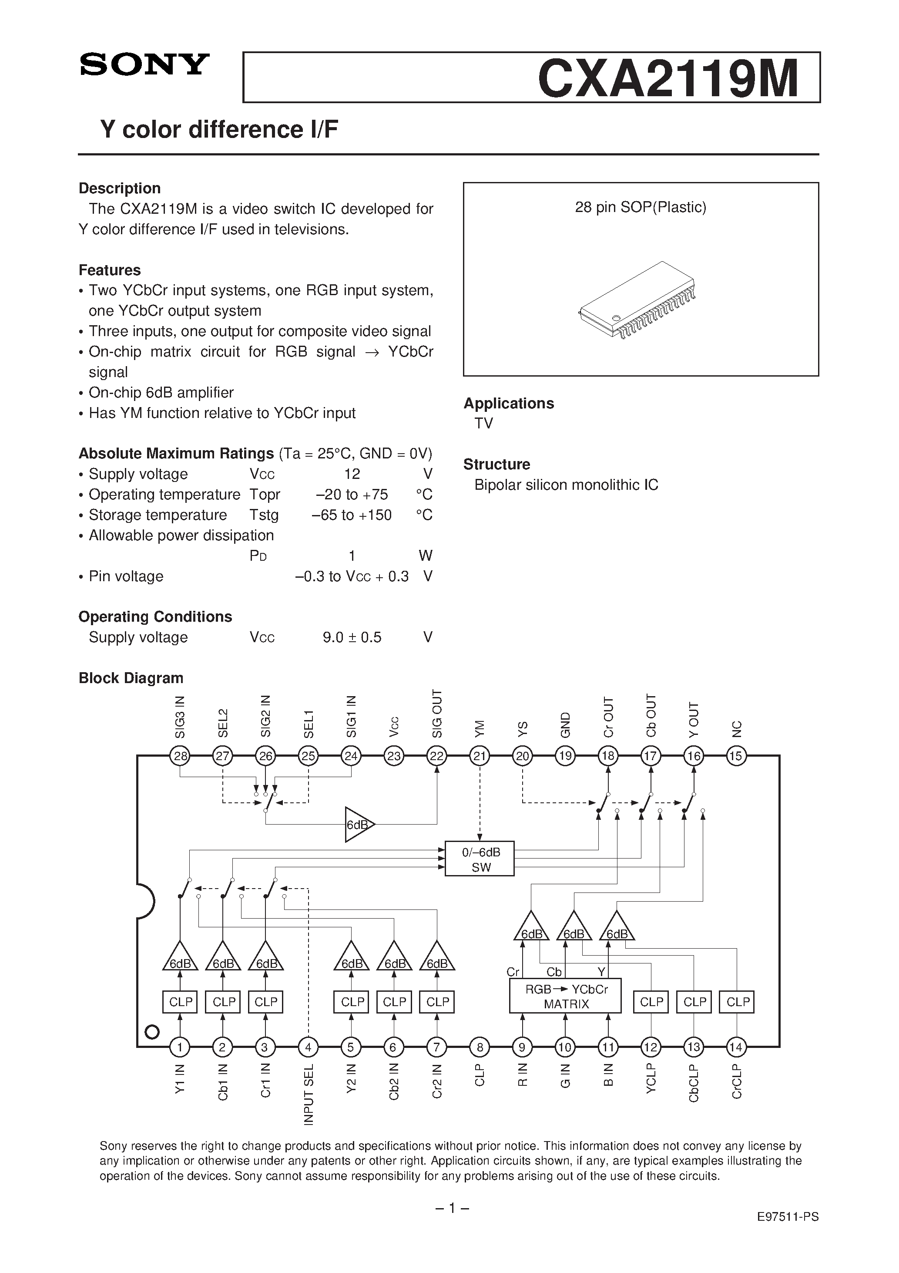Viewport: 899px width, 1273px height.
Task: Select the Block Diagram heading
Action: tap(131, 678)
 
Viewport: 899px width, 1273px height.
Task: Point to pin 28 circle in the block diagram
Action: tap(180, 756)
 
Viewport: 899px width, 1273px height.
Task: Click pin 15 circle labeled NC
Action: tap(736, 756)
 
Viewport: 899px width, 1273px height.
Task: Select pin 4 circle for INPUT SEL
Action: tap(308, 1047)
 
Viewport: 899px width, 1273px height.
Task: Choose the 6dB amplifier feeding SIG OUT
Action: tap(359, 825)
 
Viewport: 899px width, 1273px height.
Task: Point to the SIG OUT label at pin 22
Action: tap(437, 714)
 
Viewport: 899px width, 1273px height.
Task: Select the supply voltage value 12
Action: tap(352, 474)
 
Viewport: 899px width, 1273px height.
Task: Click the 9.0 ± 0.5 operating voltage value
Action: tap(352, 638)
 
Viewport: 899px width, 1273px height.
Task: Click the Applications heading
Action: tap(509, 403)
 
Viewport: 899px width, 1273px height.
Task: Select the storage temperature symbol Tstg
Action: tap(264, 515)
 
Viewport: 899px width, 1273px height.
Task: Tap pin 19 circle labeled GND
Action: tap(565, 756)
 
